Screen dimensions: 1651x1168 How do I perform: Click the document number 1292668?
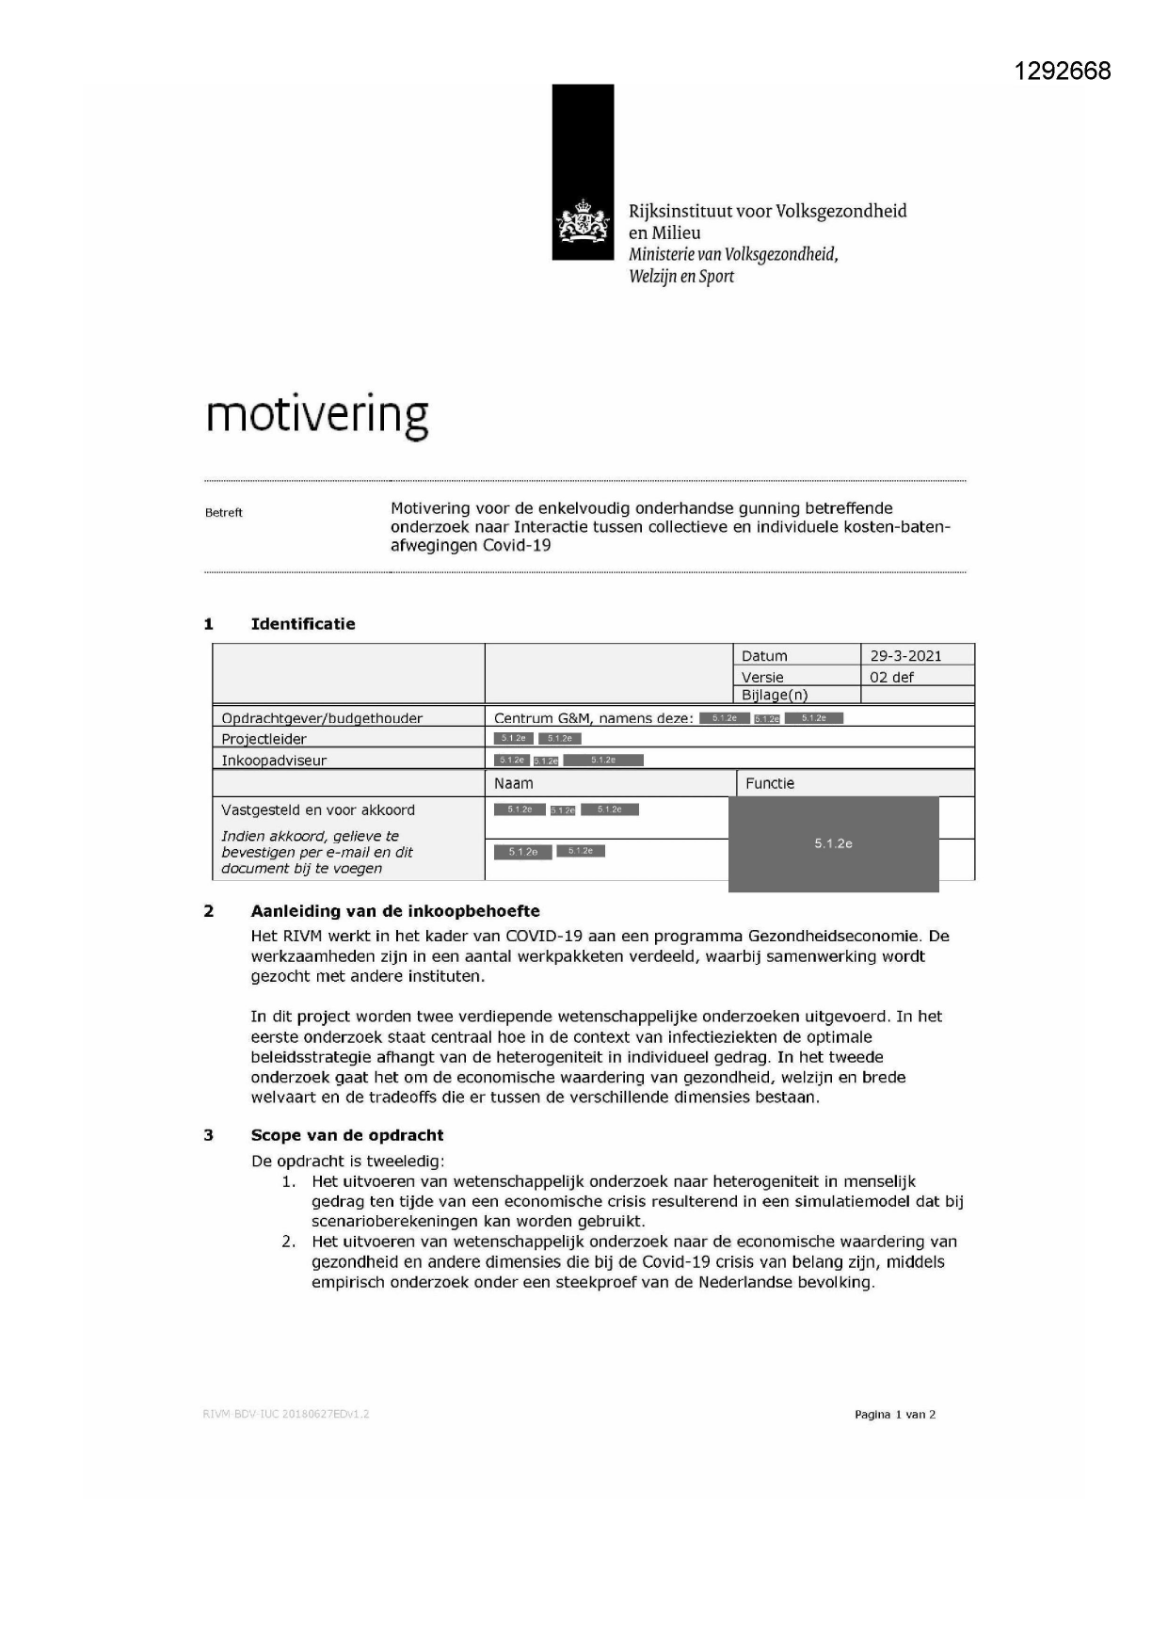1062,72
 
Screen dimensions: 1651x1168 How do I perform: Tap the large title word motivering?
317,415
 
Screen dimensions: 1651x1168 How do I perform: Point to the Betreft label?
224,513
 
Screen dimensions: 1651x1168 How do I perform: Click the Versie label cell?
762,677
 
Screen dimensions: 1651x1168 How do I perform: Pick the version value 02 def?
891,677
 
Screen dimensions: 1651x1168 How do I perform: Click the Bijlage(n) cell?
775,696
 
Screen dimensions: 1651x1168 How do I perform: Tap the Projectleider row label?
264,740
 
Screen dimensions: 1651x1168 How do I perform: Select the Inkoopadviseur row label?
274,761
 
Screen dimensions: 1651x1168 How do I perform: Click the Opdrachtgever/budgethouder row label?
322,718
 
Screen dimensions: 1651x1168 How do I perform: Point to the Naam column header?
514,783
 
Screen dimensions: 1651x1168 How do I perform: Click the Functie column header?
770,783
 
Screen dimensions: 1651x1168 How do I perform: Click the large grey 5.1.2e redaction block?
833,844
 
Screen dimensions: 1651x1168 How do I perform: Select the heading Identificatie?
303,624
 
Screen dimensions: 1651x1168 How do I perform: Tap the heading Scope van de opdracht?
346,1135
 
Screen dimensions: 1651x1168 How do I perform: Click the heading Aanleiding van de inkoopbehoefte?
395,911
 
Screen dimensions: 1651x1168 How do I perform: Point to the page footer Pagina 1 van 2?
894,1414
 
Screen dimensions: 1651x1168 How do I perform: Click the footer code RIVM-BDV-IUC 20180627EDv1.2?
286,1414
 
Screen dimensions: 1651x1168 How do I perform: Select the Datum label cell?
764,656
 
